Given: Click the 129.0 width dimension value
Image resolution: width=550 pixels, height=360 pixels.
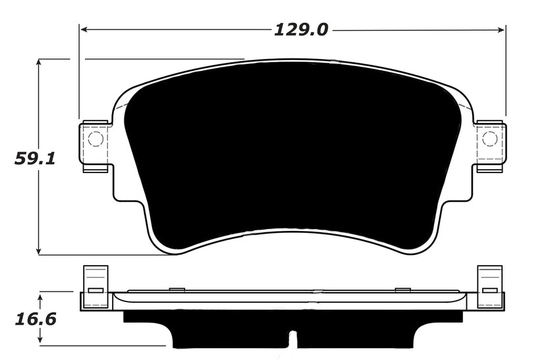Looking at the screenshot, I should click(301, 30).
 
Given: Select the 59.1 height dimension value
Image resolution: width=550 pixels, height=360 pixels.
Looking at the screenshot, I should click(34, 159).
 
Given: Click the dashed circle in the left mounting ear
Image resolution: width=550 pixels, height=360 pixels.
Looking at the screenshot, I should click(96, 139).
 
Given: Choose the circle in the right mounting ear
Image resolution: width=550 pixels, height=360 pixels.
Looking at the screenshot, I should click(489, 139).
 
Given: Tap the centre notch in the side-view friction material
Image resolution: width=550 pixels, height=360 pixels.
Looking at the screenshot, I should click(293, 338).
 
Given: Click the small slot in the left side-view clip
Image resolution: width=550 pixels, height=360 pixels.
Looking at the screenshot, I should click(96, 290).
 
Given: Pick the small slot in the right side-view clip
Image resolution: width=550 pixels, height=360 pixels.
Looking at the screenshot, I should click(489, 290).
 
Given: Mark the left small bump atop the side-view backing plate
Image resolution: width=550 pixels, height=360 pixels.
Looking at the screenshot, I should click(177, 288).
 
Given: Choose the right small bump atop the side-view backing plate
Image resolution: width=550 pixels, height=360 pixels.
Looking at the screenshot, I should click(402, 288).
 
